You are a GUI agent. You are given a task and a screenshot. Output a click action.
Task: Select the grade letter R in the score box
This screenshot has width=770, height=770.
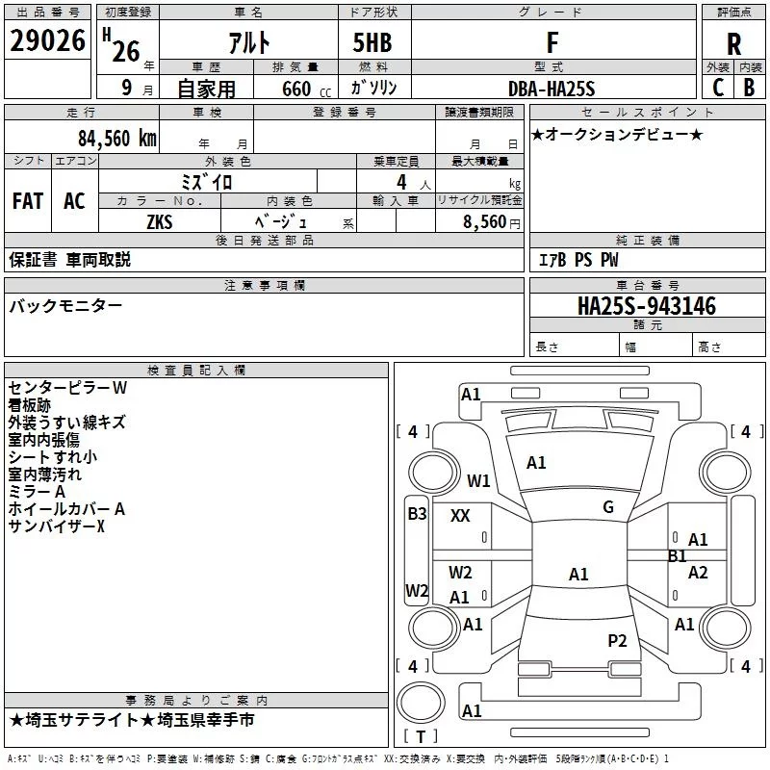733,43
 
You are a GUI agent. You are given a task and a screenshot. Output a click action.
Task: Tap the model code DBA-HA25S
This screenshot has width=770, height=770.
552,89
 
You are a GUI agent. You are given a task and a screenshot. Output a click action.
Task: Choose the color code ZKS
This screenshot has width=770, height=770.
160,220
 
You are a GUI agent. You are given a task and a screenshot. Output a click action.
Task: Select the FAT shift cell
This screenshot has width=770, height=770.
28,201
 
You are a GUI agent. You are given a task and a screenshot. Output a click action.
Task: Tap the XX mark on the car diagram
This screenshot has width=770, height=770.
460,516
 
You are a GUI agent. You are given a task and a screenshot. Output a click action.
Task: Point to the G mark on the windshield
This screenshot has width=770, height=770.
608,507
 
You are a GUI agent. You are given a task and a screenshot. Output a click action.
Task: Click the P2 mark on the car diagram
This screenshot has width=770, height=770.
617,641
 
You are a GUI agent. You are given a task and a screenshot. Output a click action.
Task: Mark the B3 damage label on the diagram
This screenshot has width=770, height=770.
417,514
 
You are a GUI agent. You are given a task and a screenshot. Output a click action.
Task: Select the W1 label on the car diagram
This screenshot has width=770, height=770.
478,480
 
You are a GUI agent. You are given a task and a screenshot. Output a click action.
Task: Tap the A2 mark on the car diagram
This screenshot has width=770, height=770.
698,573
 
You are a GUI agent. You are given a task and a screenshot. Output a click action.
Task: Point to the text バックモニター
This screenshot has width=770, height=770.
65,305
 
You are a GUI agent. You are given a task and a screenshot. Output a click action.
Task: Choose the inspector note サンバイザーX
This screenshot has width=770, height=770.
56,526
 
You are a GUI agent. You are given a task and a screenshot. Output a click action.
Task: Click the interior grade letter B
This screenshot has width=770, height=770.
749,88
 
